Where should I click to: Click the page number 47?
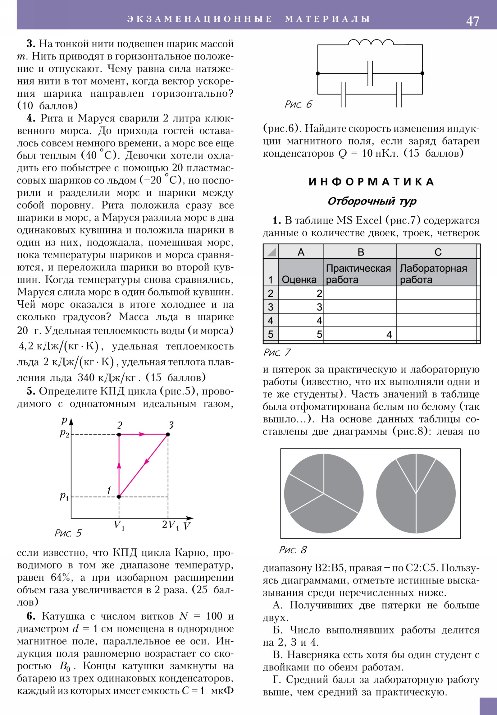click(x=472, y=21)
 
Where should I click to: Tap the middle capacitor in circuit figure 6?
click(x=370, y=73)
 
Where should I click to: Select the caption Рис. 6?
click(x=298, y=104)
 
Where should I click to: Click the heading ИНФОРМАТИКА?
click(x=371, y=182)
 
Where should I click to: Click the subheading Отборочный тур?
click(x=372, y=201)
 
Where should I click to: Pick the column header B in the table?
click(x=360, y=252)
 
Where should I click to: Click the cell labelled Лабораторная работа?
click(x=433, y=274)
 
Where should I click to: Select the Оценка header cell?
click(x=299, y=280)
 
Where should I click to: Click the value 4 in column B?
click(x=389, y=334)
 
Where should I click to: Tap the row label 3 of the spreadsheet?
click(x=270, y=307)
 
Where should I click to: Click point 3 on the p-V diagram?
click(x=168, y=434)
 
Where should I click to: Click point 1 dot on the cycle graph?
click(x=119, y=497)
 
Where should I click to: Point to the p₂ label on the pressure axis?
click(x=64, y=433)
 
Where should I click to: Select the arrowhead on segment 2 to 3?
click(x=142, y=434)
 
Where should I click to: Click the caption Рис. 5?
click(x=68, y=533)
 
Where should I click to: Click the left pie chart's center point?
click(x=324, y=494)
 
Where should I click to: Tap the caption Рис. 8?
click(x=293, y=550)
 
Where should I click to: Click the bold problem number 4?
click(x=30, y=118)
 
